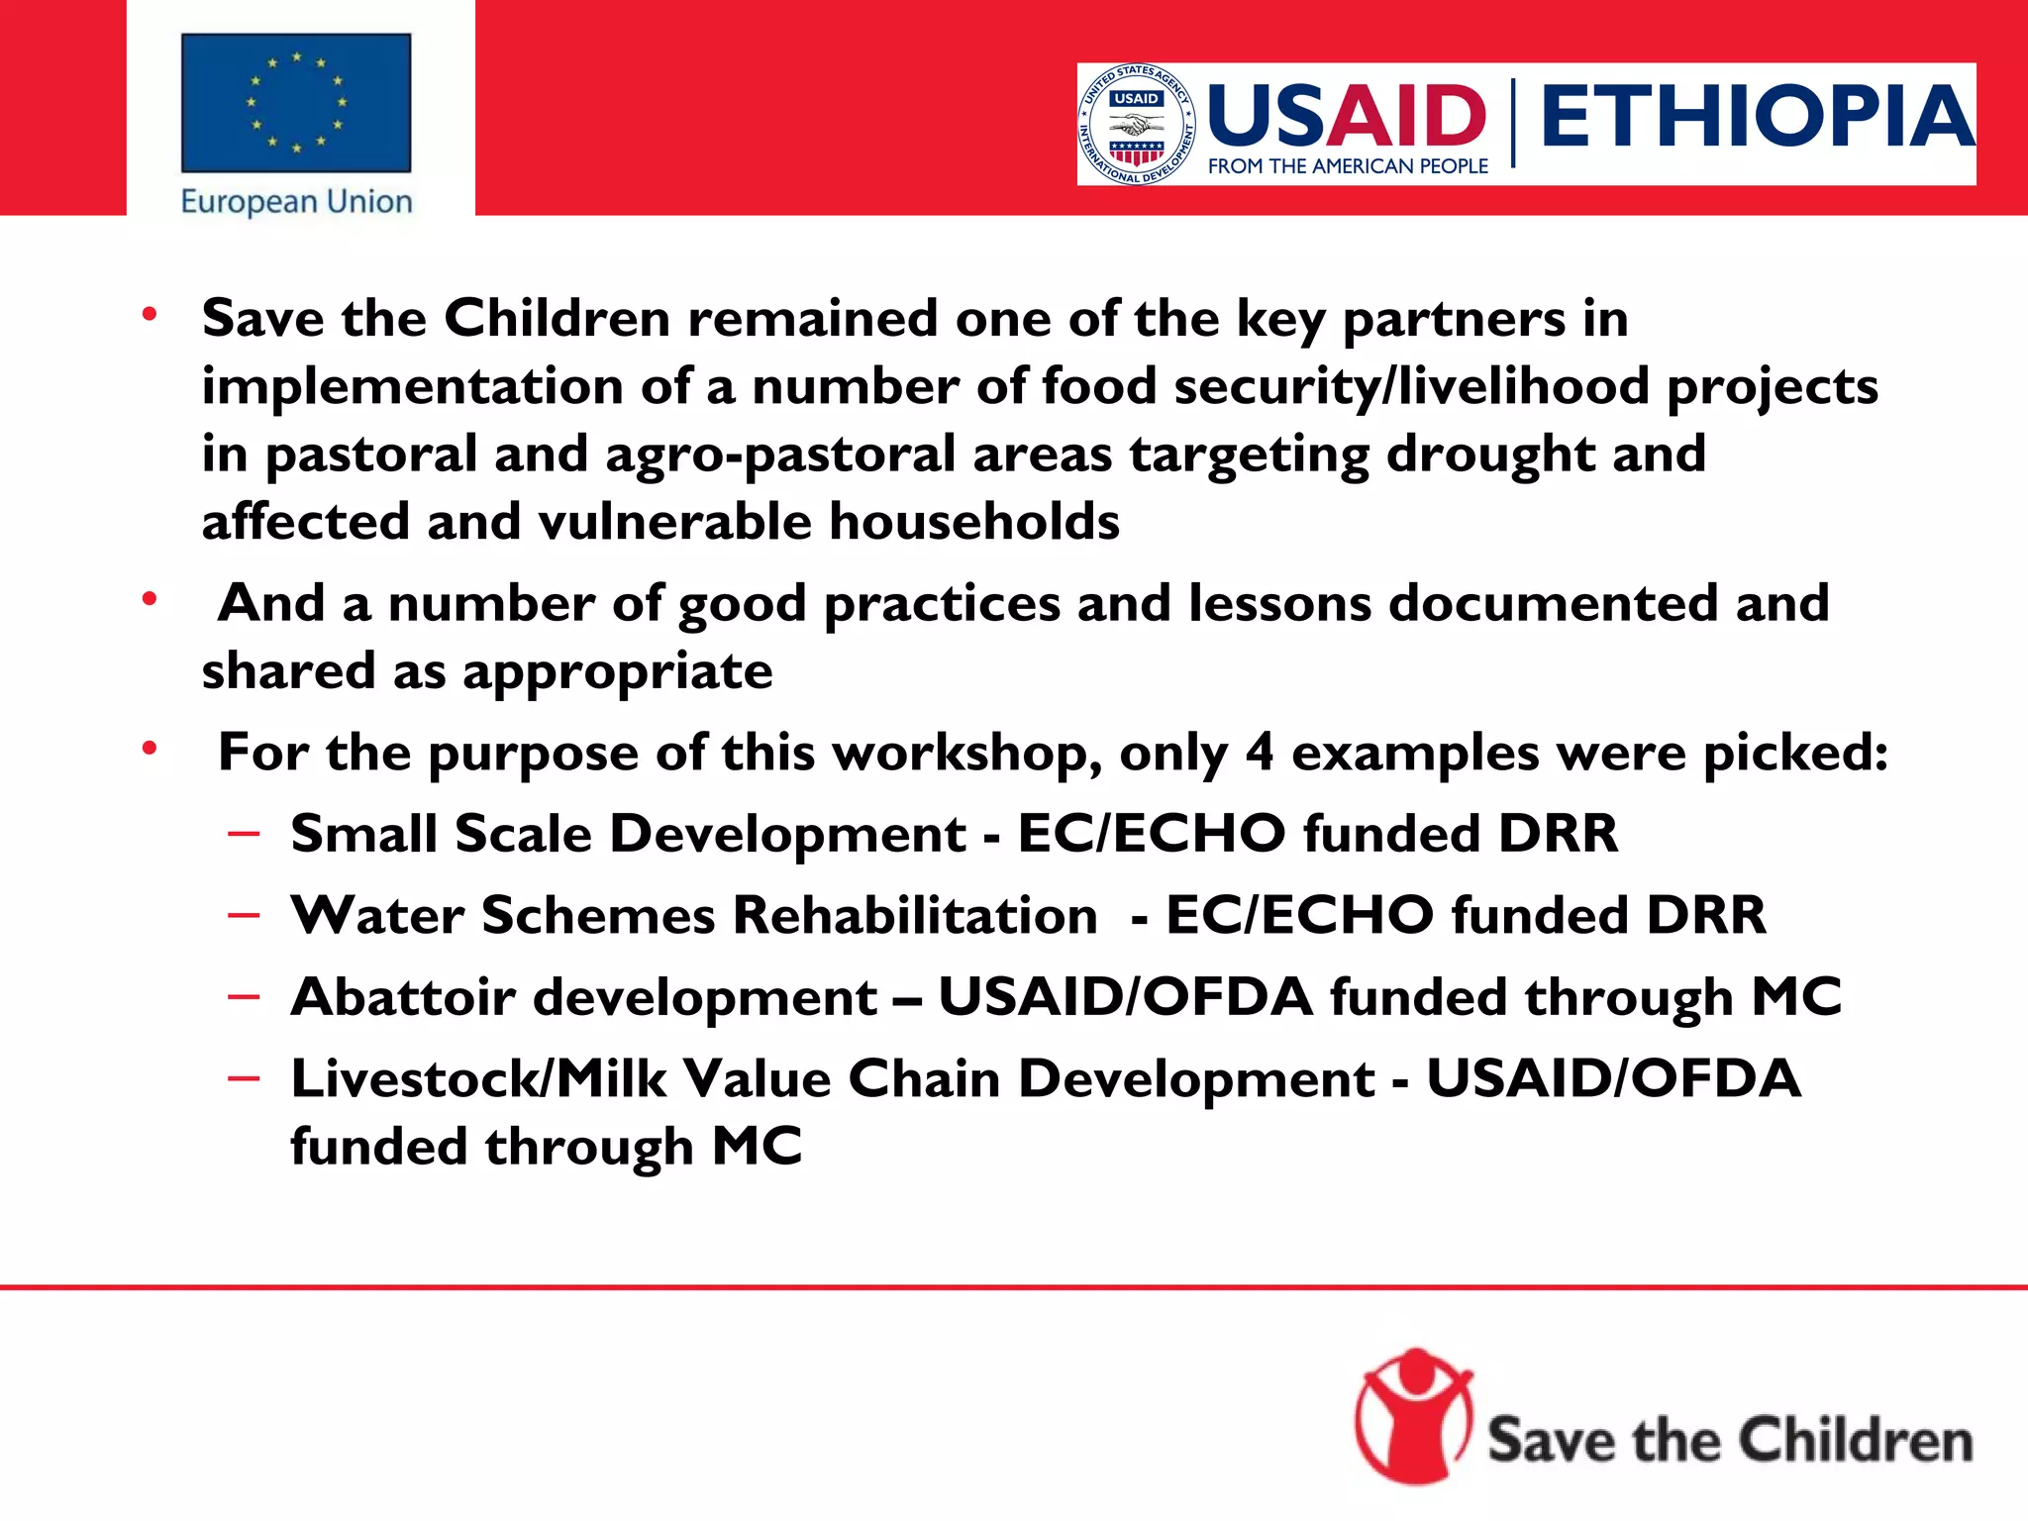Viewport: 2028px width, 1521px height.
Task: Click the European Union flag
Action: pos(296,103)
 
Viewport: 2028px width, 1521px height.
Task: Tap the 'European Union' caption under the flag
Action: pos(296,202)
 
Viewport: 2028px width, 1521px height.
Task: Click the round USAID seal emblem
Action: pos(1137,125)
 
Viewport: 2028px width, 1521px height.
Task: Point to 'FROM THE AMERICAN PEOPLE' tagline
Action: pos(1348,166)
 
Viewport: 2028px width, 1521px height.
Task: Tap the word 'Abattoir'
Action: pos(403,996)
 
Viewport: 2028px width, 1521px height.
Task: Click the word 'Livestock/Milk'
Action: pos(478,1078)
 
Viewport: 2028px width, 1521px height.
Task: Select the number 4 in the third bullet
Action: pos(1259,753)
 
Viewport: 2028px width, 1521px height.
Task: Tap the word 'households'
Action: pos(974,522)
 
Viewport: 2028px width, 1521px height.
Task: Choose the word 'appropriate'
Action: pos(617,672)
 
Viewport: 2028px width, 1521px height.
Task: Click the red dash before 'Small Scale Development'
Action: pos(244,834)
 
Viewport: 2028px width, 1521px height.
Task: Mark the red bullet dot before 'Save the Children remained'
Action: pos(150,315)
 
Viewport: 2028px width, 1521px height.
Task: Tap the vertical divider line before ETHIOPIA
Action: pos(1513,124)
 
